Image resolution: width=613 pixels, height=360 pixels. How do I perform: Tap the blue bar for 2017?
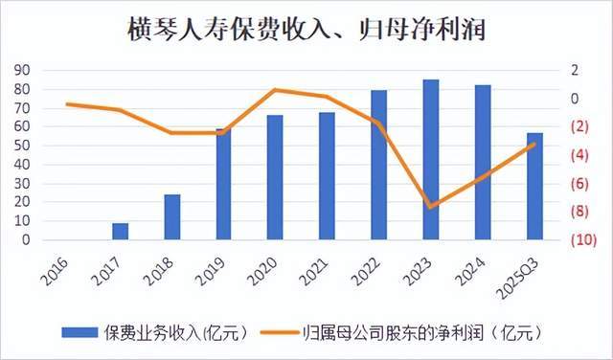(x=120, y=232)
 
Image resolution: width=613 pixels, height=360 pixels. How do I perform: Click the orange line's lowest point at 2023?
(x=432, y=207)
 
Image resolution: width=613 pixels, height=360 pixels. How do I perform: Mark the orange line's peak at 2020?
(x=275, y=90)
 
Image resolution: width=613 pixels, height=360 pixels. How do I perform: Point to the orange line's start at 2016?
(x=67, y=103)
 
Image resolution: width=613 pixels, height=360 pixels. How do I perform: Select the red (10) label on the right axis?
(x=585, y=240)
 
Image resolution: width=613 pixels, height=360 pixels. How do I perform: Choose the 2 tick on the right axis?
(x=575, y=71)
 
